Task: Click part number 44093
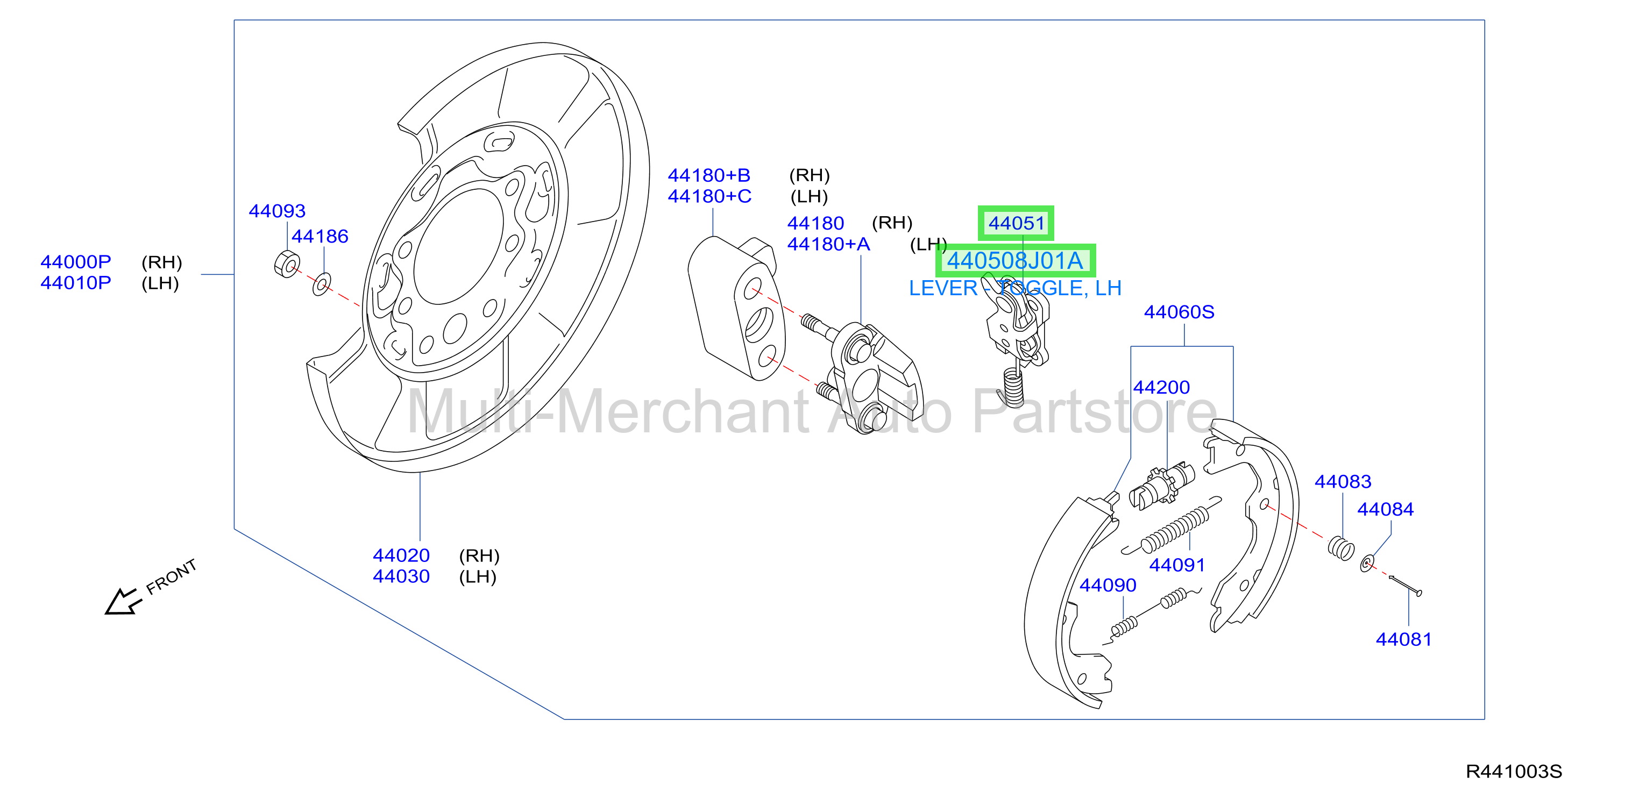pos(277,211)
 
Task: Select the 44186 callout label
pos(320,237)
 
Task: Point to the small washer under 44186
pos(322,284)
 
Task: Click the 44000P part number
pos(76,262)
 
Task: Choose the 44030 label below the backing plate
pos(401,576)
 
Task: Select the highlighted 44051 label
pos(1016,223)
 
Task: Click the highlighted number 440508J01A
pos(1015,260)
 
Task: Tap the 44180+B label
pos(709,175)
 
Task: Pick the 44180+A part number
pos(828,244)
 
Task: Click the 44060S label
pos(1179,312)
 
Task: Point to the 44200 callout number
pos(1161,387)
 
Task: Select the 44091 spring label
pos(1177,565)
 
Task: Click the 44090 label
pos(1108,586)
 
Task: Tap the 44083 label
pos(1343,482)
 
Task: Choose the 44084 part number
pos(1385,510)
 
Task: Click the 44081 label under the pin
pos(1403,640)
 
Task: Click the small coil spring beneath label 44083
pos(1340,547)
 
